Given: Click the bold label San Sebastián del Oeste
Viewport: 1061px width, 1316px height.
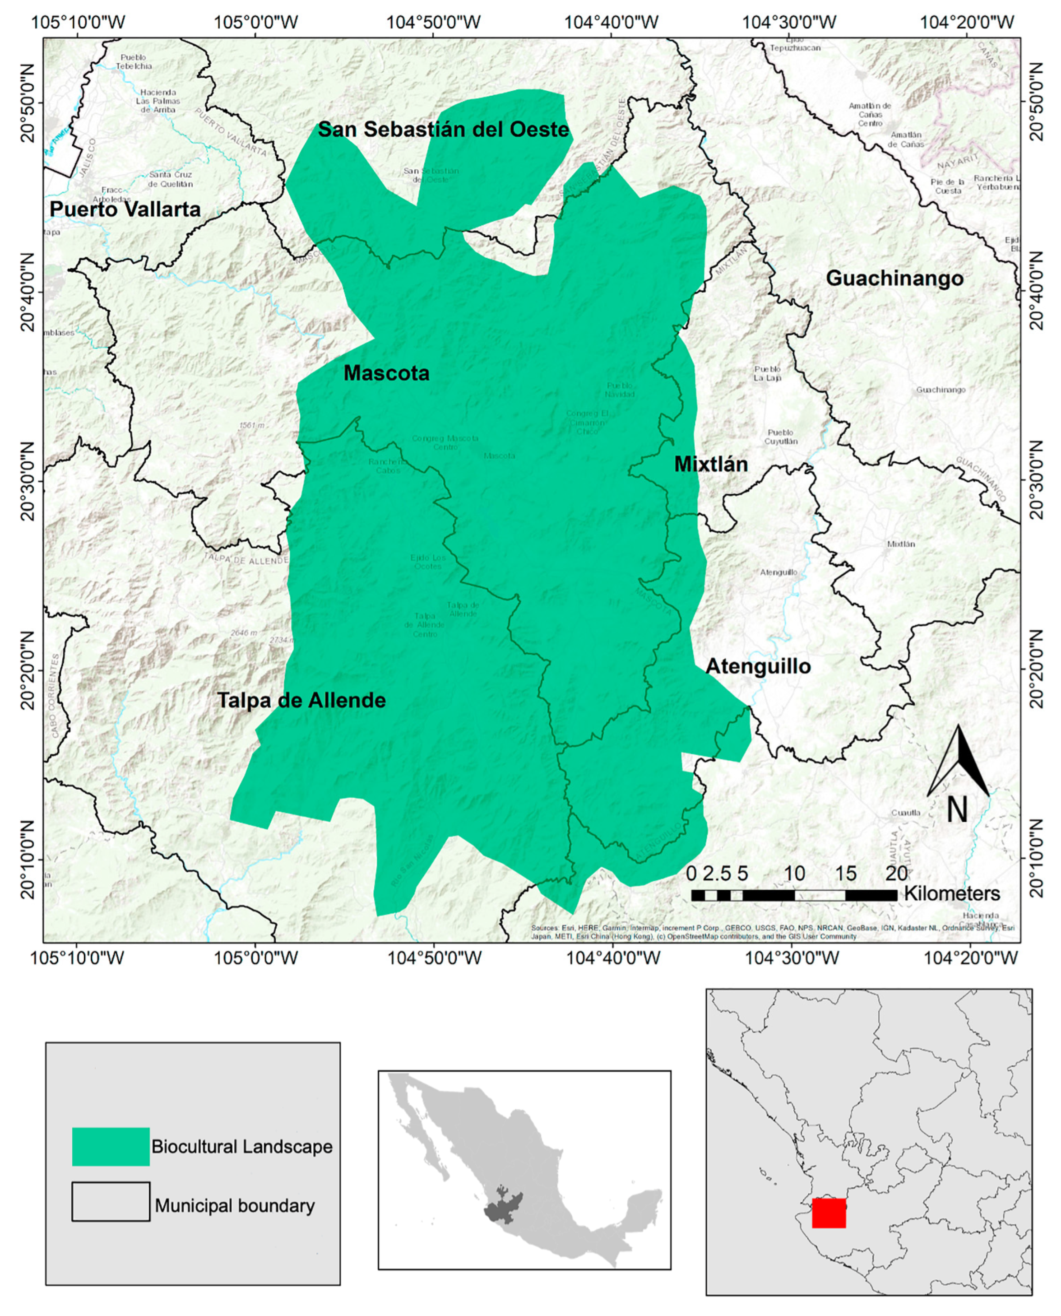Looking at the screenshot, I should click(443, 130).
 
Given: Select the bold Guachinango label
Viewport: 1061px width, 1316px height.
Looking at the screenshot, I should click(895, 279).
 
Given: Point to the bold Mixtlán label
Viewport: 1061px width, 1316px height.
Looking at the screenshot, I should click(711, 465).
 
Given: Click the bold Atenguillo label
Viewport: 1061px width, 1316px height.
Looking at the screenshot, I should click(758, 666).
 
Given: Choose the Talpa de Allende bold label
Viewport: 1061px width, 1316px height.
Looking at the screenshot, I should click(302, 701).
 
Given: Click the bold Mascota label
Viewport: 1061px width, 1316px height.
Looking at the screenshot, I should click(386, 373).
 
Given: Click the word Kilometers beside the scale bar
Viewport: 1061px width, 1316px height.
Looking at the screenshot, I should click(952, 893).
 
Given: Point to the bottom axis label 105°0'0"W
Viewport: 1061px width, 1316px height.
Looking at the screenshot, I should click(255, 958).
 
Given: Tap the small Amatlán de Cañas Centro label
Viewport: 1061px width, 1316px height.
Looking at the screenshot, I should click(870, 114).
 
